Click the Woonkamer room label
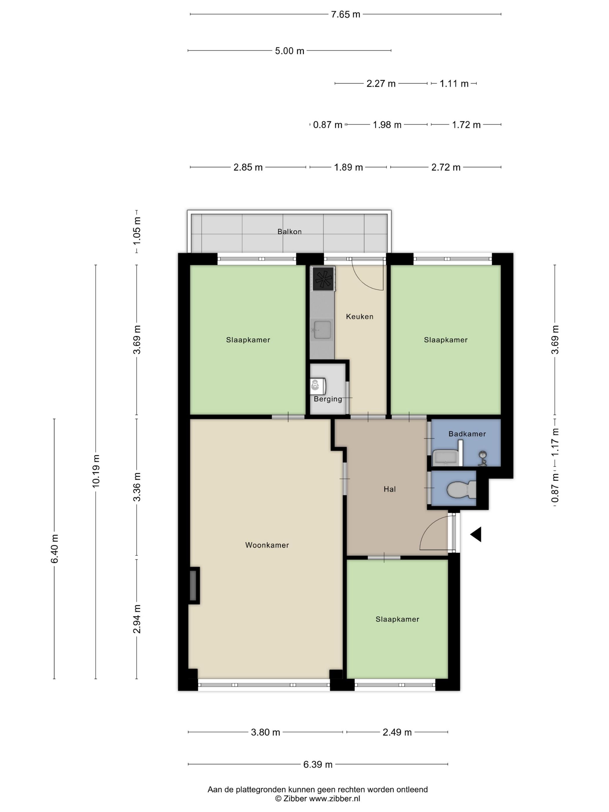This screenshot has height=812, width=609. (x=267, y=545)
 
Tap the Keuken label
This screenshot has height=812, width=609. (x=359, y=316)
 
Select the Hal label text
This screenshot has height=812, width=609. (x=389, y=489)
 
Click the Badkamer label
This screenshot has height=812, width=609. (x=467, y=434)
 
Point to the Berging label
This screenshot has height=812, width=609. (x=328, y=399)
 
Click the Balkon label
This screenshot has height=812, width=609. (x=289, y=232)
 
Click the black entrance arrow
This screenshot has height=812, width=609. (x=476, y=534)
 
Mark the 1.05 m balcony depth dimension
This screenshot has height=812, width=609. (x=137, y=231)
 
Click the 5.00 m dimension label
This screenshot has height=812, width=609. (x=290, y=51)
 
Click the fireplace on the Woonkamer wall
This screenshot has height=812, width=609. (x=194, y=585)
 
